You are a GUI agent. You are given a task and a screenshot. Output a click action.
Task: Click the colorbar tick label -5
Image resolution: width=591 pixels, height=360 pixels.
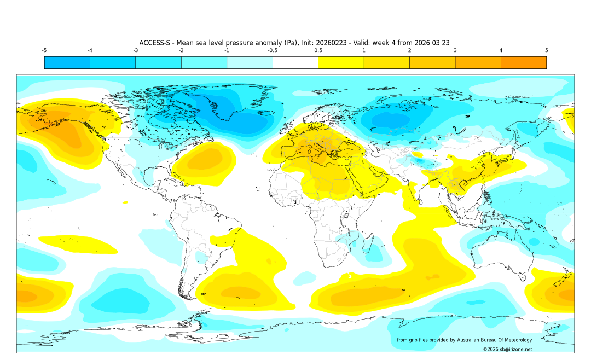pyautogui.click(x=44, y=50)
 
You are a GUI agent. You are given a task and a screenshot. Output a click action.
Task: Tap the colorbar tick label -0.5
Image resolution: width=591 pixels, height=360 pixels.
pyautogui.click(x=272, y=50)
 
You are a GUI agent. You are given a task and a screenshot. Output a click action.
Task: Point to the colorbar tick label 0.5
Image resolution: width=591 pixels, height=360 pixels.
pyautogui.click(x=318, y=50)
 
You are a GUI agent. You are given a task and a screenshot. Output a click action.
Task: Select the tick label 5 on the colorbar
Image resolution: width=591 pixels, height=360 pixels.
pyautogui.click(x=546, y=50)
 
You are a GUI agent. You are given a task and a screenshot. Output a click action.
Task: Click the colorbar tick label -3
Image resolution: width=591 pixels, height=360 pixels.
pyautogui.click(x=135, y=50)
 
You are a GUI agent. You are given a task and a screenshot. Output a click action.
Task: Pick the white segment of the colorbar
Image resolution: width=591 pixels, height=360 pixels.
pyautogui.click(x=295, y=62)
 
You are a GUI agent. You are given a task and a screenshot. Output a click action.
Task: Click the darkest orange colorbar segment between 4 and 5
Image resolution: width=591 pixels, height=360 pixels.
pyautogui.click(x=523, y=62)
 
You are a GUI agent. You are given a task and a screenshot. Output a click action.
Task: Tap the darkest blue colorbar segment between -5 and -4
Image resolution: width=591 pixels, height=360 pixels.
pyautogui.click(x=67, y=62)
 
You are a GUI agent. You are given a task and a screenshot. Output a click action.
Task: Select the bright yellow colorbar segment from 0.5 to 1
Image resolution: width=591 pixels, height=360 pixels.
pyautogui.click(x=341, y=62)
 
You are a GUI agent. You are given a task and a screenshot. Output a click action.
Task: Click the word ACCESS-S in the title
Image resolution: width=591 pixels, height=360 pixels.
pyautogui.click(x=156, y=43)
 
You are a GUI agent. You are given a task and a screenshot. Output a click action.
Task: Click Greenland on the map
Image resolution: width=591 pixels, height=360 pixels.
pyautogui.click(x=230, y=107)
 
